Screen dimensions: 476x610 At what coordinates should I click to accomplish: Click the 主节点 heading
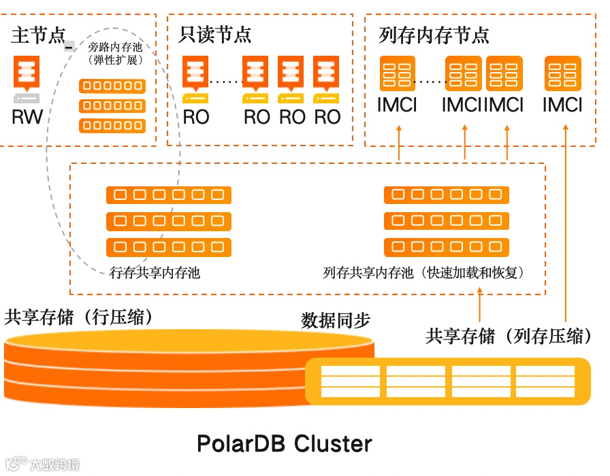[38, 35]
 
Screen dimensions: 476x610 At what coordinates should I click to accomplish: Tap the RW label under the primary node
[27, 117]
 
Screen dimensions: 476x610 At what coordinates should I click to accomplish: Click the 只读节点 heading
[214, 35]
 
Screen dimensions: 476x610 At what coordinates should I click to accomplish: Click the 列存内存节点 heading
[434, 35]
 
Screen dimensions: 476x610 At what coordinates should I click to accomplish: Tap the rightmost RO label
[327, 117]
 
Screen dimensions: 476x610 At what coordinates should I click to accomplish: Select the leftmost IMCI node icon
[397, 73]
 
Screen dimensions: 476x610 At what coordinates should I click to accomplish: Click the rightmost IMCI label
[562, 105]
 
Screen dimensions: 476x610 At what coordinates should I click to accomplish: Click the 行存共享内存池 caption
[155, 273]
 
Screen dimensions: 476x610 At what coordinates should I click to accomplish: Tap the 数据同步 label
[336, 320]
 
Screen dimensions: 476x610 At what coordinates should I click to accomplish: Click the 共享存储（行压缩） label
[79, 318]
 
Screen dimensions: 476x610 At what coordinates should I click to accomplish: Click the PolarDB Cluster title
[285, 444]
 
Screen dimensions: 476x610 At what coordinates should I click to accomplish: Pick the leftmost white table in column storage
[350, 381]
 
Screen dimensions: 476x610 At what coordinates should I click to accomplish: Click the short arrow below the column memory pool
[480, 305]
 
